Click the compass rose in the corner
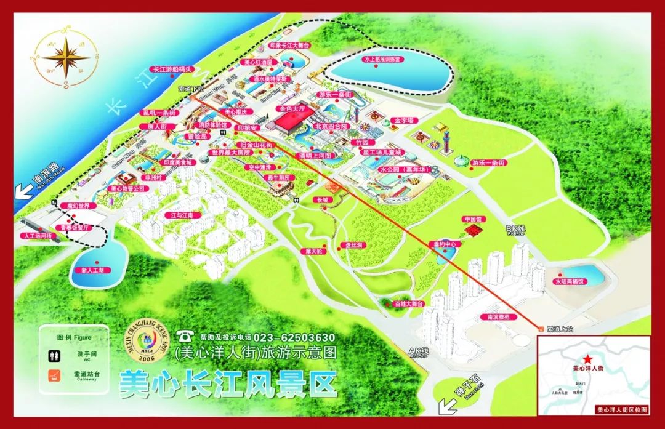click(x=65, y=57)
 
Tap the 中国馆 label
click(x=472, y=219)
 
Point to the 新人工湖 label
click(x=92, y=270)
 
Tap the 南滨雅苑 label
click(x=494, y=317)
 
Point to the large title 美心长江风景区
click(x=228, y=383)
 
